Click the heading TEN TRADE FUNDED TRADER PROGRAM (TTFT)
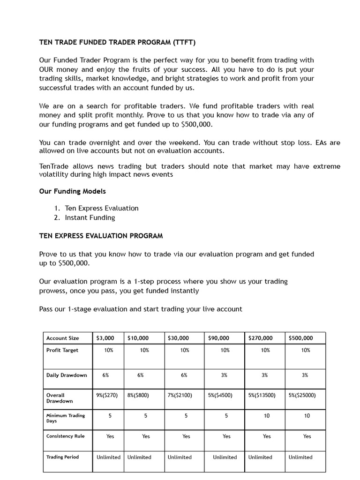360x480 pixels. (x=117, y=43)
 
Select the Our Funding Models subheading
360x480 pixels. (x=72, y=191)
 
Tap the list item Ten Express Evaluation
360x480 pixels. (x=102, y=208)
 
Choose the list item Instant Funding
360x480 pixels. (x=90, y=217)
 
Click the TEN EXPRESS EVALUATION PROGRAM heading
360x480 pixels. (x=101, y=236)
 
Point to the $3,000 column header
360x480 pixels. (x=105, y=338)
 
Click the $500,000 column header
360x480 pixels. (x=300, y=338)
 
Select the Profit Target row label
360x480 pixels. (x=62, y=350)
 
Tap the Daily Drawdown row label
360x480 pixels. (x=67, y=375)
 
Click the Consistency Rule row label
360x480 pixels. (x=66, y=436)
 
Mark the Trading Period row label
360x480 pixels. (x=62, y=457)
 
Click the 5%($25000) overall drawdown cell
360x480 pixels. (x=302, y=395)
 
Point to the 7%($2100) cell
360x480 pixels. (x=180, y=395)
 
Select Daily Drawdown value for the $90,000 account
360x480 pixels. (x=225, y=375)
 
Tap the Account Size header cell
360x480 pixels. (x=63, y=338)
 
